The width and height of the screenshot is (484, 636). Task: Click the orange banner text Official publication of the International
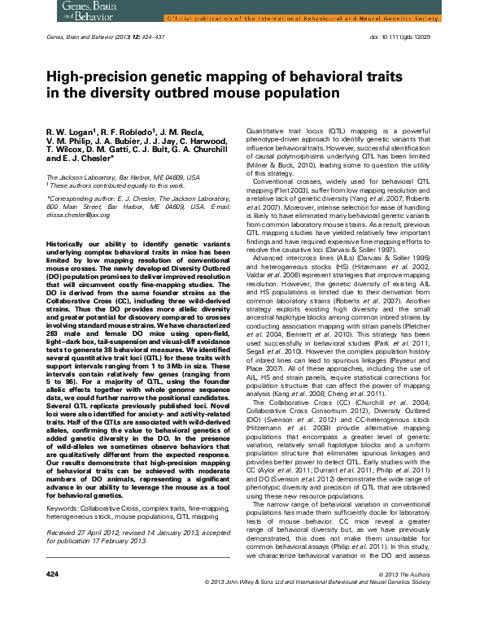[x=244, y=16]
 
